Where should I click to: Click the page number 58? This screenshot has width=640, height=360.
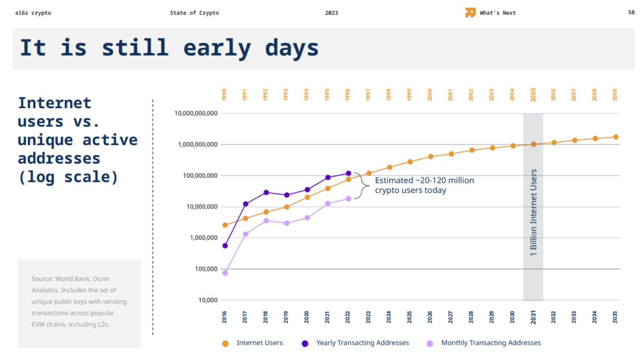coord(631,13)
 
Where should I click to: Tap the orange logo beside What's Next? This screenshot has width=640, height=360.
coord(470,13)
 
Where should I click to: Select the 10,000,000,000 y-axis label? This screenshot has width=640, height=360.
coord(196,114)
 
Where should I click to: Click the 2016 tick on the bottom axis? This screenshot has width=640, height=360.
coord(225,317)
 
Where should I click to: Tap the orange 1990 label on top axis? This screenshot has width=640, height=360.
coord(225,96)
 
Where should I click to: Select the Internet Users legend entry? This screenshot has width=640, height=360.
coord(259,343)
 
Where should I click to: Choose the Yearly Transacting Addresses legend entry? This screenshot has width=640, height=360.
coord(362,343)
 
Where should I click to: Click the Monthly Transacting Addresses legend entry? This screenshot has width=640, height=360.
coord(491,343)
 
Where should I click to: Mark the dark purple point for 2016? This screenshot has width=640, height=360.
coord(225,246)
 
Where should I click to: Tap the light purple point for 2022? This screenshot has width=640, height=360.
coord(348,198)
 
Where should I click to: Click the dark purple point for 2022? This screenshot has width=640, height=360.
coord(348,173)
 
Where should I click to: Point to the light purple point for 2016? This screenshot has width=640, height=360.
coord(225,273)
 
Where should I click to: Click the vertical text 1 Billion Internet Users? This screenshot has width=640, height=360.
coord(533,213)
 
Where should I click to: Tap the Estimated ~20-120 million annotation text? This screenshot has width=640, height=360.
coord(424,185)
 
